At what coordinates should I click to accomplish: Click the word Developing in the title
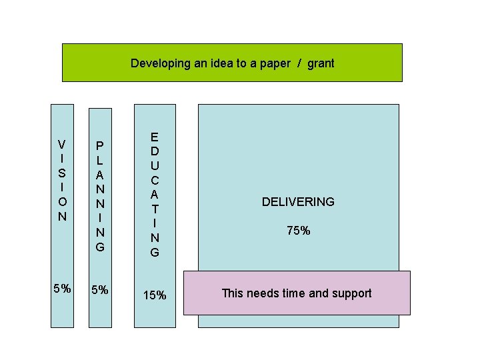pos(157,64)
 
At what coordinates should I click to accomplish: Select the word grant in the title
pos(321,64)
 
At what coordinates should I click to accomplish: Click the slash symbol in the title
pos(299,64)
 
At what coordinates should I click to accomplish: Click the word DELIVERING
pos(298,202)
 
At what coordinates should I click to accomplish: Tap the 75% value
pos(298,231)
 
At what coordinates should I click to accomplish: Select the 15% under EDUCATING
pos(155,295)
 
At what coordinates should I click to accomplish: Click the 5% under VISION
pos(62,289)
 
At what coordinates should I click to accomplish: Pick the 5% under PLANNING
pos(100,290)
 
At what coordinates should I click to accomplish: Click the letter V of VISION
pos(62,144)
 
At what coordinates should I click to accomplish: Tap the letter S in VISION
pos(62,173)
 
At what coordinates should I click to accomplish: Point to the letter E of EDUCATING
pos(155,137)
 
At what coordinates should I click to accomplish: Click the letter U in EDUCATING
pos(155,166)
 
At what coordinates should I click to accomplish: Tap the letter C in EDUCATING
pos(155,181)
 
